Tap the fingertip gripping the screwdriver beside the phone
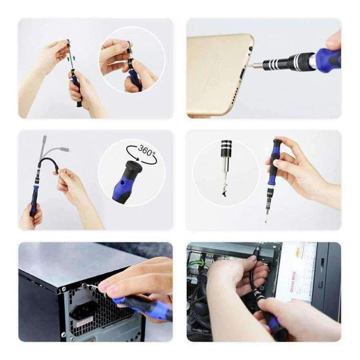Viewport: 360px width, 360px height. tap(333, 43)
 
